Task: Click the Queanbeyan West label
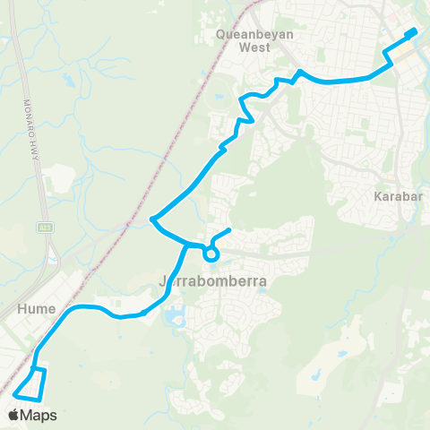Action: pyautogui.click(x=250, y=42)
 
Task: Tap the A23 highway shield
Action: pyautogui.click(x=45, y=228)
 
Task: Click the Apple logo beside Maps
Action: pyautogui.click(x=13, y=415)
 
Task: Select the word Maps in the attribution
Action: pyautogui.click(x=39, y=415)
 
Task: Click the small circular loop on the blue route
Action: pyautogui.click(x=211, y=254)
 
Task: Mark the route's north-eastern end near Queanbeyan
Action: pyautogui.click(x=414, y=32)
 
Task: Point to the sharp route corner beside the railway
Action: pyautogui.click(x=153, y=219)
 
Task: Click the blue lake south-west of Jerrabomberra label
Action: pyautogui.click(x=173, y=316)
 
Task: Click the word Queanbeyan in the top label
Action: pyautogui.click(x=250, y=36)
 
